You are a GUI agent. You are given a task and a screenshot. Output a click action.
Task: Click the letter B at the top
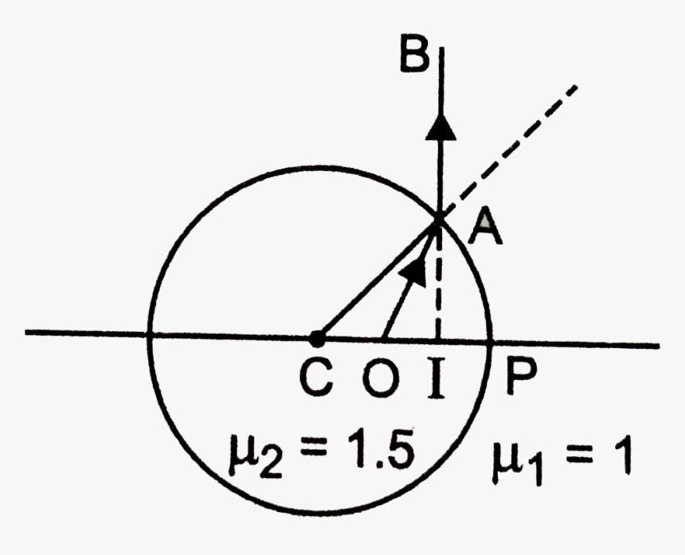[413, 55]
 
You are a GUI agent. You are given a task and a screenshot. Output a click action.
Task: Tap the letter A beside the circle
[485, 226]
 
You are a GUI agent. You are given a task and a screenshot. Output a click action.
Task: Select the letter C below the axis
[317, 378]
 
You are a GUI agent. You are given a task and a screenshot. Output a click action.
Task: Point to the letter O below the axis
[381, 378]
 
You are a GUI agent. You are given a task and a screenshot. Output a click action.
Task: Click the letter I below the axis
[436, 378]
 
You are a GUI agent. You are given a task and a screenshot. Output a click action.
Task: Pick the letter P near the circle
[520, 378]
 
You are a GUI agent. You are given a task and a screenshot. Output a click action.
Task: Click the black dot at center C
[317, 338]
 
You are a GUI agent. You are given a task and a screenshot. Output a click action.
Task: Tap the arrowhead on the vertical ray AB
[440, 127]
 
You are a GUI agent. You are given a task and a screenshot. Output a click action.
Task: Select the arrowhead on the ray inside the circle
[413, 273]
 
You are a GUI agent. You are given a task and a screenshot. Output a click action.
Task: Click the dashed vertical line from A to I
[439, 279]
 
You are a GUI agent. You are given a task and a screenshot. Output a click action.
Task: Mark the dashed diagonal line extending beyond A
[510, 150]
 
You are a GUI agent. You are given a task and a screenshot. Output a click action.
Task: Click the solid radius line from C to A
[378, 280]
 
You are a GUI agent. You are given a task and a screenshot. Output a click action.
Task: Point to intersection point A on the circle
[439, 219]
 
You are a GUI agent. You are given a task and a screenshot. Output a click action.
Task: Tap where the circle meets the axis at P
[491, 342]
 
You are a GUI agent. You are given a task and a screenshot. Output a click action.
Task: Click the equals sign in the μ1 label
[578, 455]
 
